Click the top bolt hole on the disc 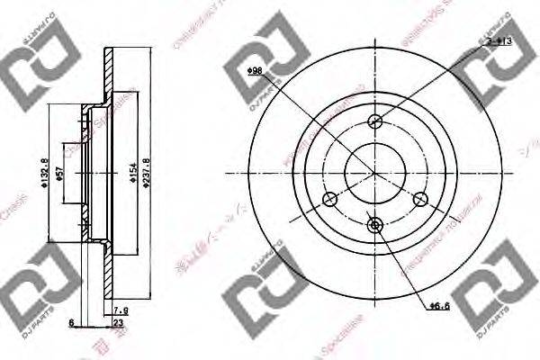(377, 121)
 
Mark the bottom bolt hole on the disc (377, 225)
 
